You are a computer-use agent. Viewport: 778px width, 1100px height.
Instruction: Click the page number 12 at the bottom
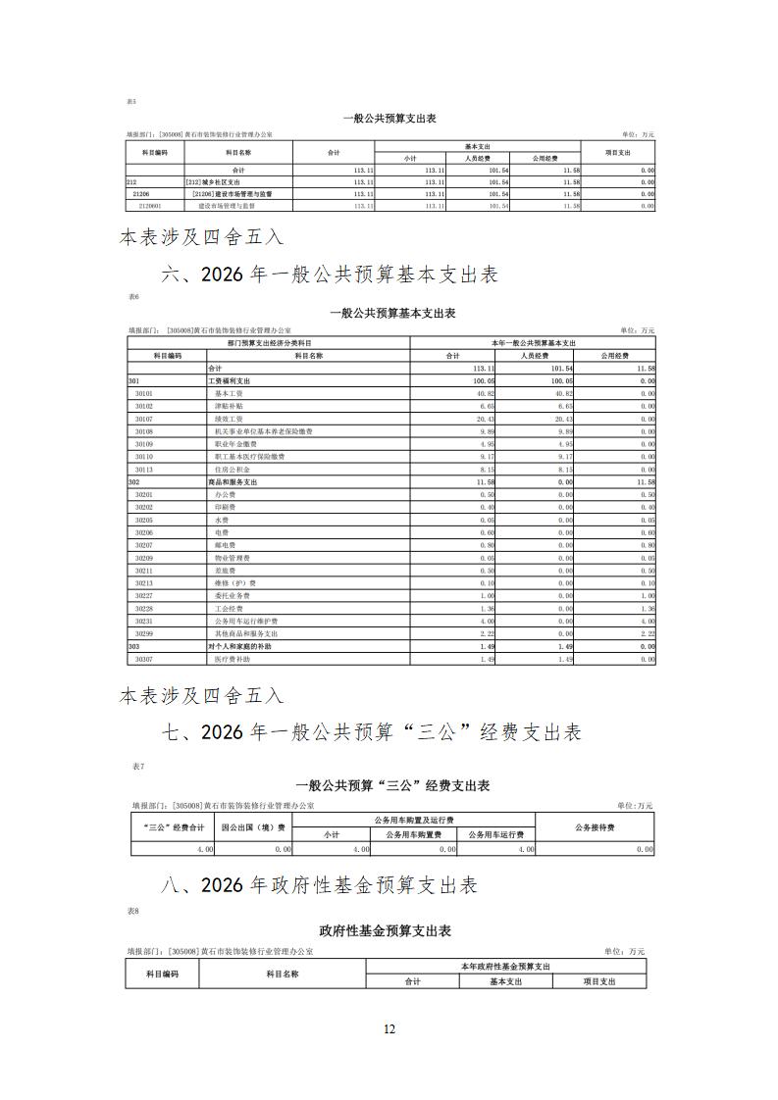(x=389, y=1028)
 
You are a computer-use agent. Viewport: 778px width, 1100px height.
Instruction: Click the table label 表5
(x=131, y=101)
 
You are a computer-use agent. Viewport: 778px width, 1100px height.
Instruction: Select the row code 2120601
(x=150, y=207)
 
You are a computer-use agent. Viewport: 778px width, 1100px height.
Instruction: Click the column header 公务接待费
(x=595, y=827)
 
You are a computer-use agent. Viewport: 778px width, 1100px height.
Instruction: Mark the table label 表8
(x=132, y=911)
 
